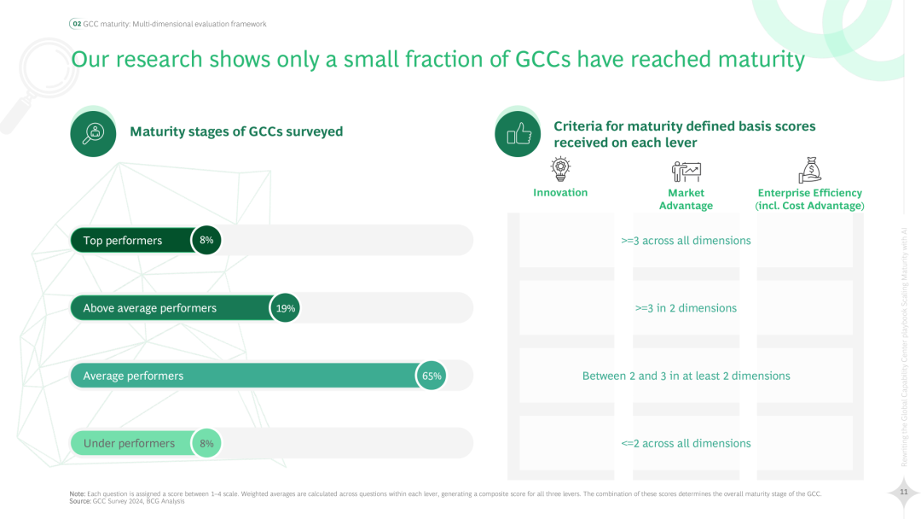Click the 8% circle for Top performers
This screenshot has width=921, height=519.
pos(206,241)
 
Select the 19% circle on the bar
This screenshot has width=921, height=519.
pos(286,308)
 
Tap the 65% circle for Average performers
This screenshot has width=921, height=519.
pos(432,376)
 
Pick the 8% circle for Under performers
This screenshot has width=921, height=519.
pos(206,443)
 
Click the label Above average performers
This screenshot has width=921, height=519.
pos(149,308)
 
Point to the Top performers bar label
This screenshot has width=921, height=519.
pos(122,241)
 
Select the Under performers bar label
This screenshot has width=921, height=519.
pos(129,443)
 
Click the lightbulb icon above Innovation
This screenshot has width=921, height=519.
pos(560,169)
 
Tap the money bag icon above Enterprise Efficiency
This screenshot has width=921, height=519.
pos(809,169)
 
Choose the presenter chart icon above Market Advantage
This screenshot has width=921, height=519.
pos(686,170)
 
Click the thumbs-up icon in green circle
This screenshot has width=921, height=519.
pos(518,134)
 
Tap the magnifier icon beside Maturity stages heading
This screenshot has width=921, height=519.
pos(93,133)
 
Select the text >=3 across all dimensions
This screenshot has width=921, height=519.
pos(686,241)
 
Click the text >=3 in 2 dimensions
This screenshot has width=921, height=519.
pos(686,308)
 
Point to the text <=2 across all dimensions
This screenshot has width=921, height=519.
pos(686,443)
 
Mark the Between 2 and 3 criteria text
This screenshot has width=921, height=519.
pos(686,376)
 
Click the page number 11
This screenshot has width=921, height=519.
pos(902,492)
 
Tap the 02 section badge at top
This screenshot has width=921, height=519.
pos(76,24)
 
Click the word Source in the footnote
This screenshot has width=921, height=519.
pos(81,501)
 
